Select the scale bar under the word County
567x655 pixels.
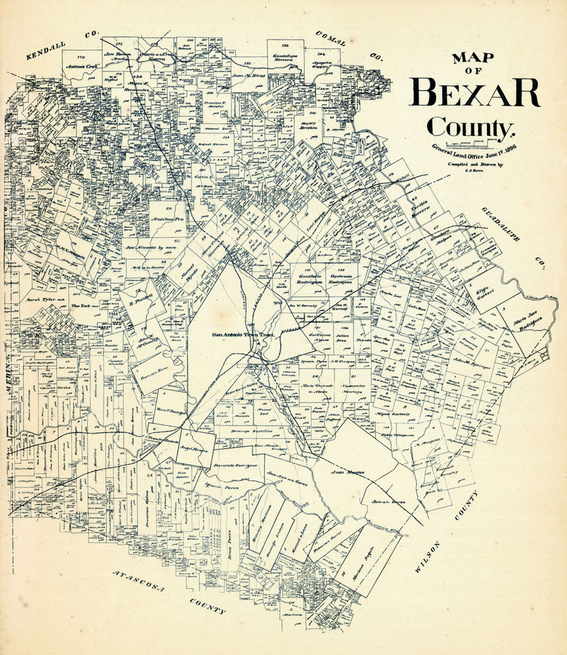(472, 141)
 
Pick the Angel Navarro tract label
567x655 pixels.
(193, 449)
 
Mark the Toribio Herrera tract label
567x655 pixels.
(419, 205)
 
